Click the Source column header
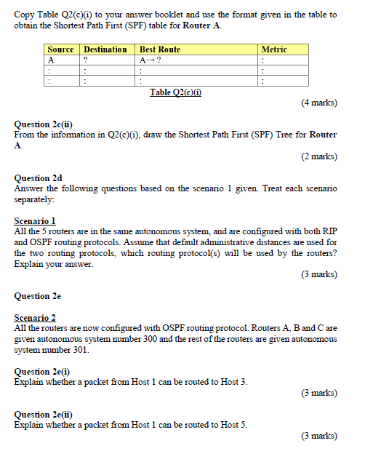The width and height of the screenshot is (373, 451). pyautogui.click(x=60, y=49)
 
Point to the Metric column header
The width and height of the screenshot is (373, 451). pyautogui.click(x=274, y=49)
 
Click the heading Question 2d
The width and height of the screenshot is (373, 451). pyautogui.click(x=38, y=177)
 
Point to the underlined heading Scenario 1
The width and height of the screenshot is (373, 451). pyautogui.click(x=35, y=220)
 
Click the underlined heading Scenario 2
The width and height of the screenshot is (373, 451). pyautogui.click(x=35, y=318)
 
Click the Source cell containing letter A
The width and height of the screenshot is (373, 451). pyautogui.click(x=51, y=60)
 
